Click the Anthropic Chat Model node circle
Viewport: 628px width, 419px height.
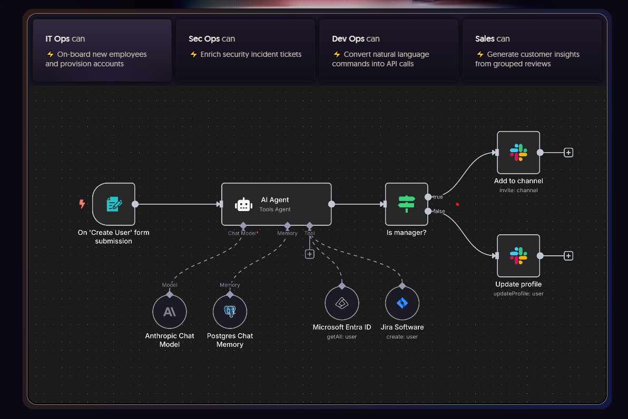click(x=170, y=311)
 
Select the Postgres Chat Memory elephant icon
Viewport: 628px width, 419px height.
click(x=230, y=311)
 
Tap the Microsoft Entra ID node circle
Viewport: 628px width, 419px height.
click(x=341, y=303)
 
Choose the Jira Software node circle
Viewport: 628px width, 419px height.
click(x=402, y=303)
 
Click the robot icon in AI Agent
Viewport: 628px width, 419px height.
click(x=243, y=204)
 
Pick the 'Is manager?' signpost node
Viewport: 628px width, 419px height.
click(x=407, y=204)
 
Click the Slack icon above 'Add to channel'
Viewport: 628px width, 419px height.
click(x=518, y=153)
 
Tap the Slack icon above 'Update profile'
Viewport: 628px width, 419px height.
click(x=518, y=256)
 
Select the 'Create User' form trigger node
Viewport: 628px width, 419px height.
click(x=114, y=204)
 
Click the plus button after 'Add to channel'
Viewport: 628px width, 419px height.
click(x=568, y=153)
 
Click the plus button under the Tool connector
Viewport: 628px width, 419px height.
click(x=310, y=254)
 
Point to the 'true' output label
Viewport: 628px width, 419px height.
click(x=438, y=197)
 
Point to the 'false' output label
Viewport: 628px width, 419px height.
click(x=439, y=211)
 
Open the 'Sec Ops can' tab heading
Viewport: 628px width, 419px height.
click(x=212, y=39)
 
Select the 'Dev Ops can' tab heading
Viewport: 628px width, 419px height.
click(x=356, y=39)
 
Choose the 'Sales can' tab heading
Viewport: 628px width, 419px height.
click(x=492, y=39)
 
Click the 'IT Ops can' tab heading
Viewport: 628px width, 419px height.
click(x=65, y=39)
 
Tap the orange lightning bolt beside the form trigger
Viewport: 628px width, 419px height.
click(x=82, y=204)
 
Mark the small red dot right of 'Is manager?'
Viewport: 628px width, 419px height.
click(x=457, y=204)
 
